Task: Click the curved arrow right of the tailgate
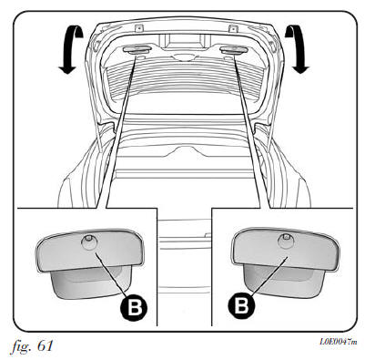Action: tap(298, 48)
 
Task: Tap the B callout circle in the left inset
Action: tap(134, 307)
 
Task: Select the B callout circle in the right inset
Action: tap(241, 304)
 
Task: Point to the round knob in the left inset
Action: tap(89, 242)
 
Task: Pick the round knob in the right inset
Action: tap(286, 240)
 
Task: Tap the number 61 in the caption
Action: tap(46, 345)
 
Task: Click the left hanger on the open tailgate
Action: tap(137, 50)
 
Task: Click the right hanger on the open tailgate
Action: tap(233, 50)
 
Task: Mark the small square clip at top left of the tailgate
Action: tap(138, 28)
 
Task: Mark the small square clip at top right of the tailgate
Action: tap(233, 28)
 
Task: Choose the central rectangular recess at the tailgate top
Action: tap(182, 41)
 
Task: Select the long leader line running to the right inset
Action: tap(252, 132)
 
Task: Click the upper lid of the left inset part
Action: tap(89, 250)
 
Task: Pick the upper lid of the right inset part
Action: tap(286, 248)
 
